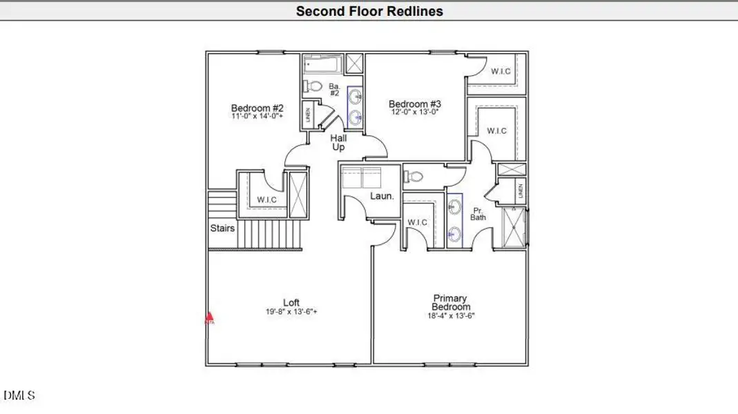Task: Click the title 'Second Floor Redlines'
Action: [369, 11]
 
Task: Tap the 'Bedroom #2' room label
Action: [257, 108]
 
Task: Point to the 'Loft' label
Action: [291, 302]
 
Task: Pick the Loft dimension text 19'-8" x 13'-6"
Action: [291, 312]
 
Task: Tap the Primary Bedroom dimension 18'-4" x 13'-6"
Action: [451, 315]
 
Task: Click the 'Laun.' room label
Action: [382, 196]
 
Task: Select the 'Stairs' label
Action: [222, 228]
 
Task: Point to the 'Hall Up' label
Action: [338, 143]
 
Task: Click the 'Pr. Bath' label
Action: [478, 213]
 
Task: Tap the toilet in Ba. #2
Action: [314, 87]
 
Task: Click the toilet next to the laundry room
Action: [413, 177]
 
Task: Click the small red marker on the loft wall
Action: [209, 319]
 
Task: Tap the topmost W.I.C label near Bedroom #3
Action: [501, 71]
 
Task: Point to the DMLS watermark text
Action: [19, 395]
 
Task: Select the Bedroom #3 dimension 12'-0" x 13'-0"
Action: [414, 112]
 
